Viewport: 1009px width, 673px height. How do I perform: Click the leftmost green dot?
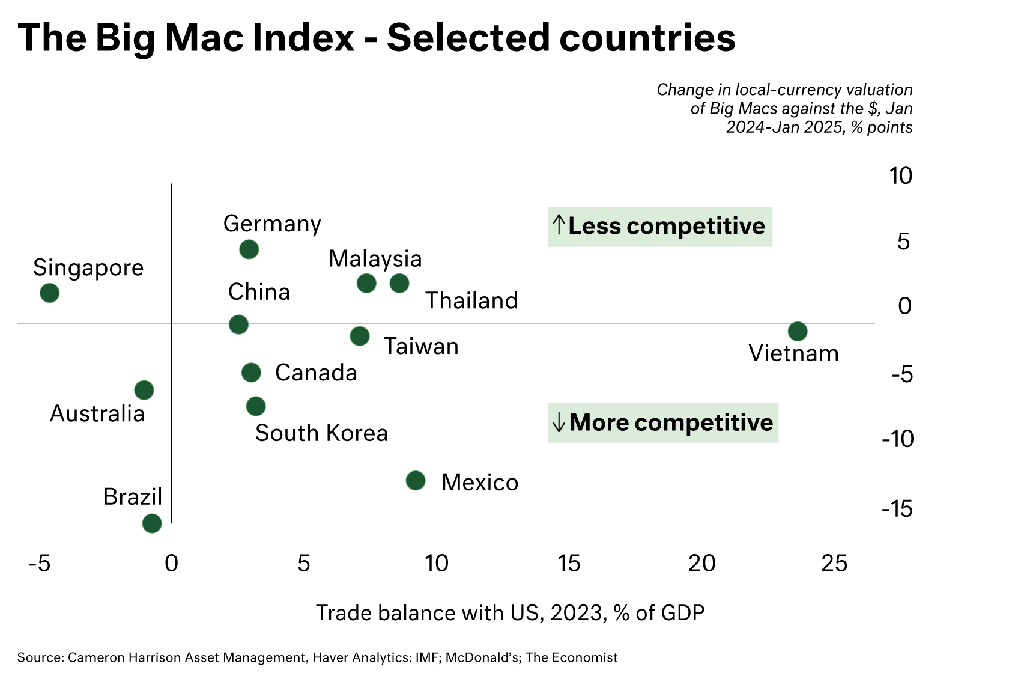(50, 293)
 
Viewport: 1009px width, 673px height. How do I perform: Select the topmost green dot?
(249, 249)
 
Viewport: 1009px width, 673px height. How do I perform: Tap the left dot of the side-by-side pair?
(366, 283)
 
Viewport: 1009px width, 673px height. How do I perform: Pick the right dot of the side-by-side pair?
(399, 283)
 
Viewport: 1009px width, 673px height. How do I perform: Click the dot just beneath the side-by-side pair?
(360, 336)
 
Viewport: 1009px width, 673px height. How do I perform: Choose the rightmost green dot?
(798, 331)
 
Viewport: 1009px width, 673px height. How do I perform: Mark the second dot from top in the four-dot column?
(239, 324)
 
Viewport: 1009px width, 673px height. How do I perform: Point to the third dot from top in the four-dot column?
(251, 373)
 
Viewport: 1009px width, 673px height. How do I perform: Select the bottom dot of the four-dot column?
(256, 407)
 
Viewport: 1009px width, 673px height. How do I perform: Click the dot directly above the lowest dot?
(144, 390)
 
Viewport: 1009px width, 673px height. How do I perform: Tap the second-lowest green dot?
(416, 481)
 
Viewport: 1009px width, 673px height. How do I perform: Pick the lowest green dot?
(152, 523)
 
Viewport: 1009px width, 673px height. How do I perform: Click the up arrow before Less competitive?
(559, 226)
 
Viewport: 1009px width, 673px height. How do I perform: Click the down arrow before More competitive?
(559, 423)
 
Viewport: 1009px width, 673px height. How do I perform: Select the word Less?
(595, 227)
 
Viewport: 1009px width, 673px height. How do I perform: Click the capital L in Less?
(575, 227)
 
